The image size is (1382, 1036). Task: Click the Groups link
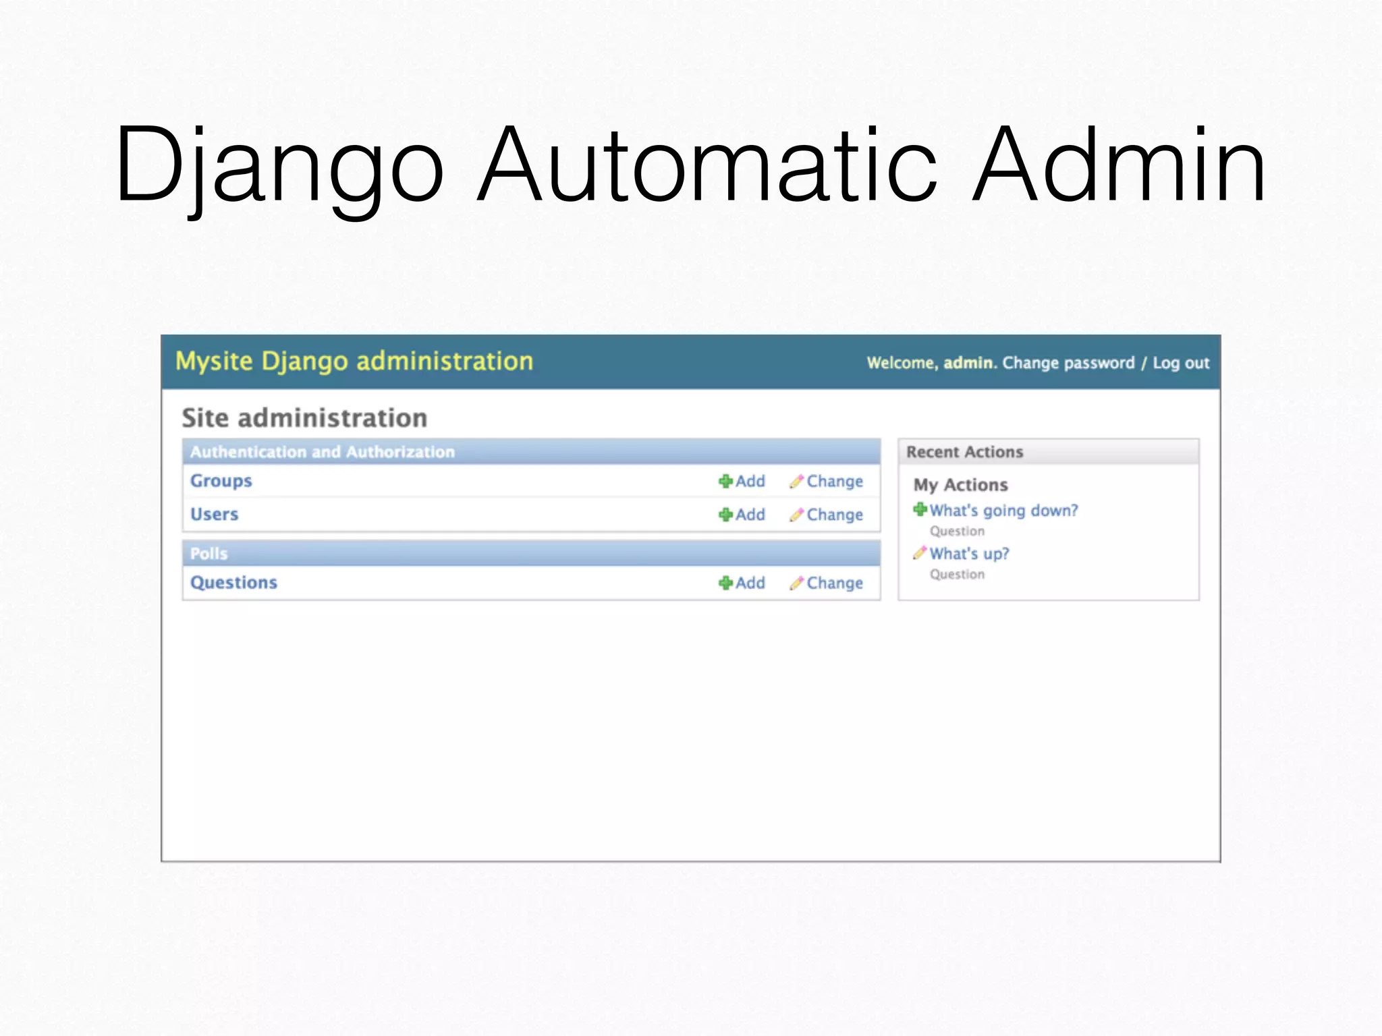(x=221, y=481)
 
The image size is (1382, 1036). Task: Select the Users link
(x=214, y=515)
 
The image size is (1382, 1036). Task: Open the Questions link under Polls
(x=233, y=583)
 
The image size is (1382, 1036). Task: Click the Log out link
(x=1181, y=364)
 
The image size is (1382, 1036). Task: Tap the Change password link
(x=1068, y=364)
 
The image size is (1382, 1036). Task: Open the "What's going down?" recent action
(x=1003, y=511)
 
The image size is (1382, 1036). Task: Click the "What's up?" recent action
(x=969, y=554)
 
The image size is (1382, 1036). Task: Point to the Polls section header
(x=209, y=554)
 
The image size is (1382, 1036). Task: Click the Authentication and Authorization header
(x=323, y=452)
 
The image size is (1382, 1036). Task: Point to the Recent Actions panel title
(x=964, y=452)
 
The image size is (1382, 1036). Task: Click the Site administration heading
(x=304, y=418)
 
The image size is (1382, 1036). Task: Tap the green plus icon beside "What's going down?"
(x=920, y=510)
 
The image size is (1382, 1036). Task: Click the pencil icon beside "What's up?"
(x=919, y=553)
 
